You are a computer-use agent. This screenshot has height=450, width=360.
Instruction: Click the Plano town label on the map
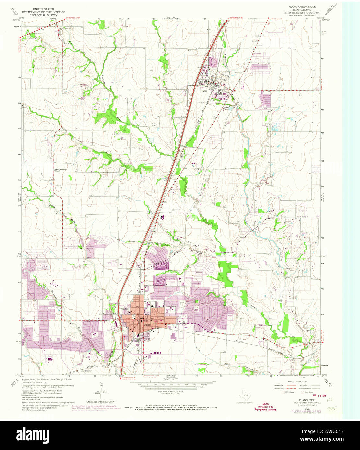pyautogui.click(x=147, y=325)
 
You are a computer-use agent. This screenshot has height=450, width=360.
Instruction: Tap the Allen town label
pyautogui.click(x=205, y=91)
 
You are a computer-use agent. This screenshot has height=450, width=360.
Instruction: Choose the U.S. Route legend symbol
pyautogui.click(x=283, y=392)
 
